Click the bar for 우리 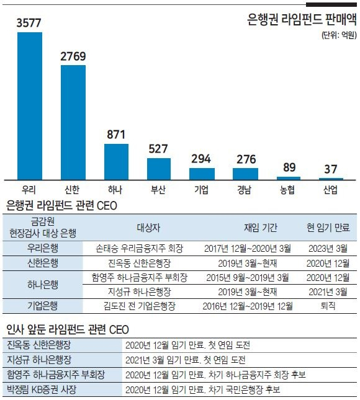(x=30, y=106)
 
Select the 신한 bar (x=73, y=123)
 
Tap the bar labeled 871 (x=117, y=162)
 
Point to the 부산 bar (x=159, y=169)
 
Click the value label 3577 (x=29, y=23)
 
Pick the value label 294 (x=201, y=159)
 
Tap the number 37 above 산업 (x=331, y=169)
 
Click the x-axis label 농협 (x=287, y=190)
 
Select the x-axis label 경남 (x=245, y=190)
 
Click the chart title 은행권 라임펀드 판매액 (x=302, y=19)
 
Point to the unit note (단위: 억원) (x=339, y=35)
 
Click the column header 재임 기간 (x=261, y=228)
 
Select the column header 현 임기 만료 (x=328, y=228)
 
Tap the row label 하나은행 (x=43, y=285)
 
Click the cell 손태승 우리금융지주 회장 (x=140, y=248)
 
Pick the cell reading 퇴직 (x=328, y=306)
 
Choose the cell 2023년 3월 (x=328, y=248)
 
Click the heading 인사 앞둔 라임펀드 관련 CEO (x=68, y=329)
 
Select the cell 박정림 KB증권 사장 (x=42, y=389)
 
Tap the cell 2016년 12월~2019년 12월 (x=248, y=306)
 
